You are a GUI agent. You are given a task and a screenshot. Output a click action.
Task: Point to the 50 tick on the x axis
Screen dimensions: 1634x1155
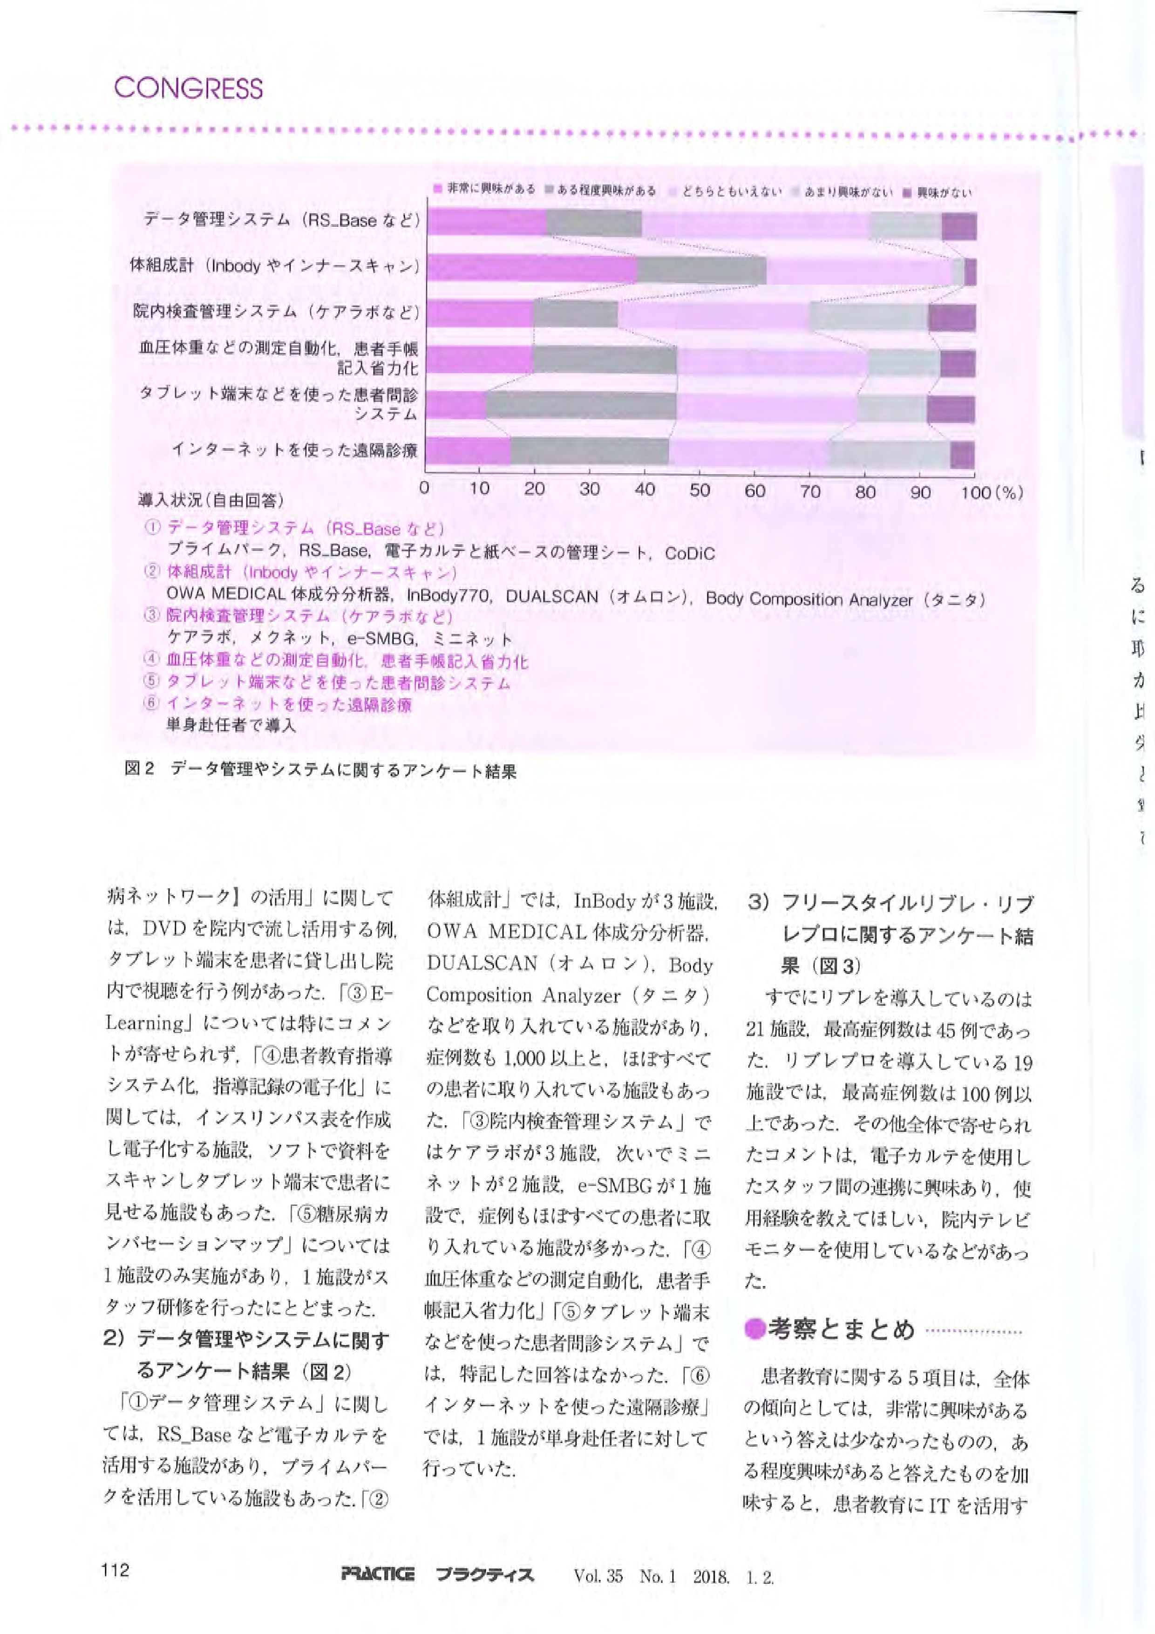tap(700, 490)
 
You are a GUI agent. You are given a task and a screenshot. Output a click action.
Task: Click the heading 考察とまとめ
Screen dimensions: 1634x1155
tap(841, 1328)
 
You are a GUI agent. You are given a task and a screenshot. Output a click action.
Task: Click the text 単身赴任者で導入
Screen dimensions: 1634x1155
tap(231, 726)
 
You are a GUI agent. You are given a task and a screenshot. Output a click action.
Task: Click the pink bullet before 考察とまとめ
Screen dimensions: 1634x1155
tap(754, 1329)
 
